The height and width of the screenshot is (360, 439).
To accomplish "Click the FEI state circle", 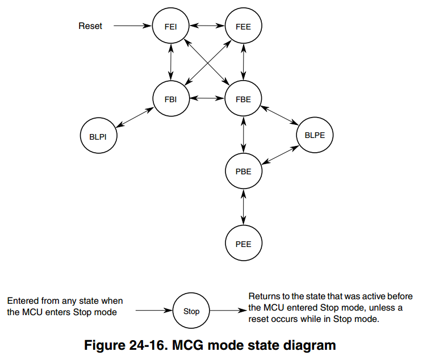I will [x=170, y=26].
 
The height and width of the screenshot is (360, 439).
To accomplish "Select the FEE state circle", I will [x=243, y=26].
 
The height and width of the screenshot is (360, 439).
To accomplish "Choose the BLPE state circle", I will [x=315, y=135].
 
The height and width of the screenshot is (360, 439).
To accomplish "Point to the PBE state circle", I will [x=243, y=171].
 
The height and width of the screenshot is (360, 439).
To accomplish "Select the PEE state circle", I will [x=243, y=244].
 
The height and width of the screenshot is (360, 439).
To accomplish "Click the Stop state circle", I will [x=191, y=311].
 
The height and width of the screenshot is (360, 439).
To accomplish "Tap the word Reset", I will [x=90, y=26].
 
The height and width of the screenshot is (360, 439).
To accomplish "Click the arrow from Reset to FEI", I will [x=133, y=26].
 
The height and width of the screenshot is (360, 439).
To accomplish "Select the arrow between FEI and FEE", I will [x=207, y=26].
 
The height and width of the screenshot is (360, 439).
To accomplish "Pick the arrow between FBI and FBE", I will [x=207, y=98].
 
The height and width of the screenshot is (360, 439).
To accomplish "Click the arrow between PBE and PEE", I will [x=243, y=207].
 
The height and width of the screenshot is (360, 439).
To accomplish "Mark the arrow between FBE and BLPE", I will [x=280, y=116].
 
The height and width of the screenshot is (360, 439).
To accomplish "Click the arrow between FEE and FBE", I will [x=243, y=62].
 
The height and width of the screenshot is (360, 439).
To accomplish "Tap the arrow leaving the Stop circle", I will [x=228, y=311].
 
